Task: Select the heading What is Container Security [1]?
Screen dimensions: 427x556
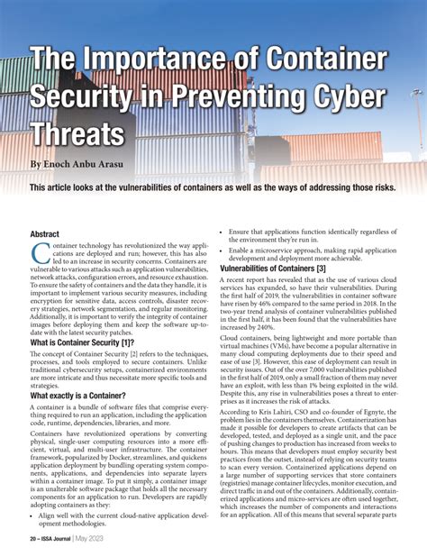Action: pos(82,342)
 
